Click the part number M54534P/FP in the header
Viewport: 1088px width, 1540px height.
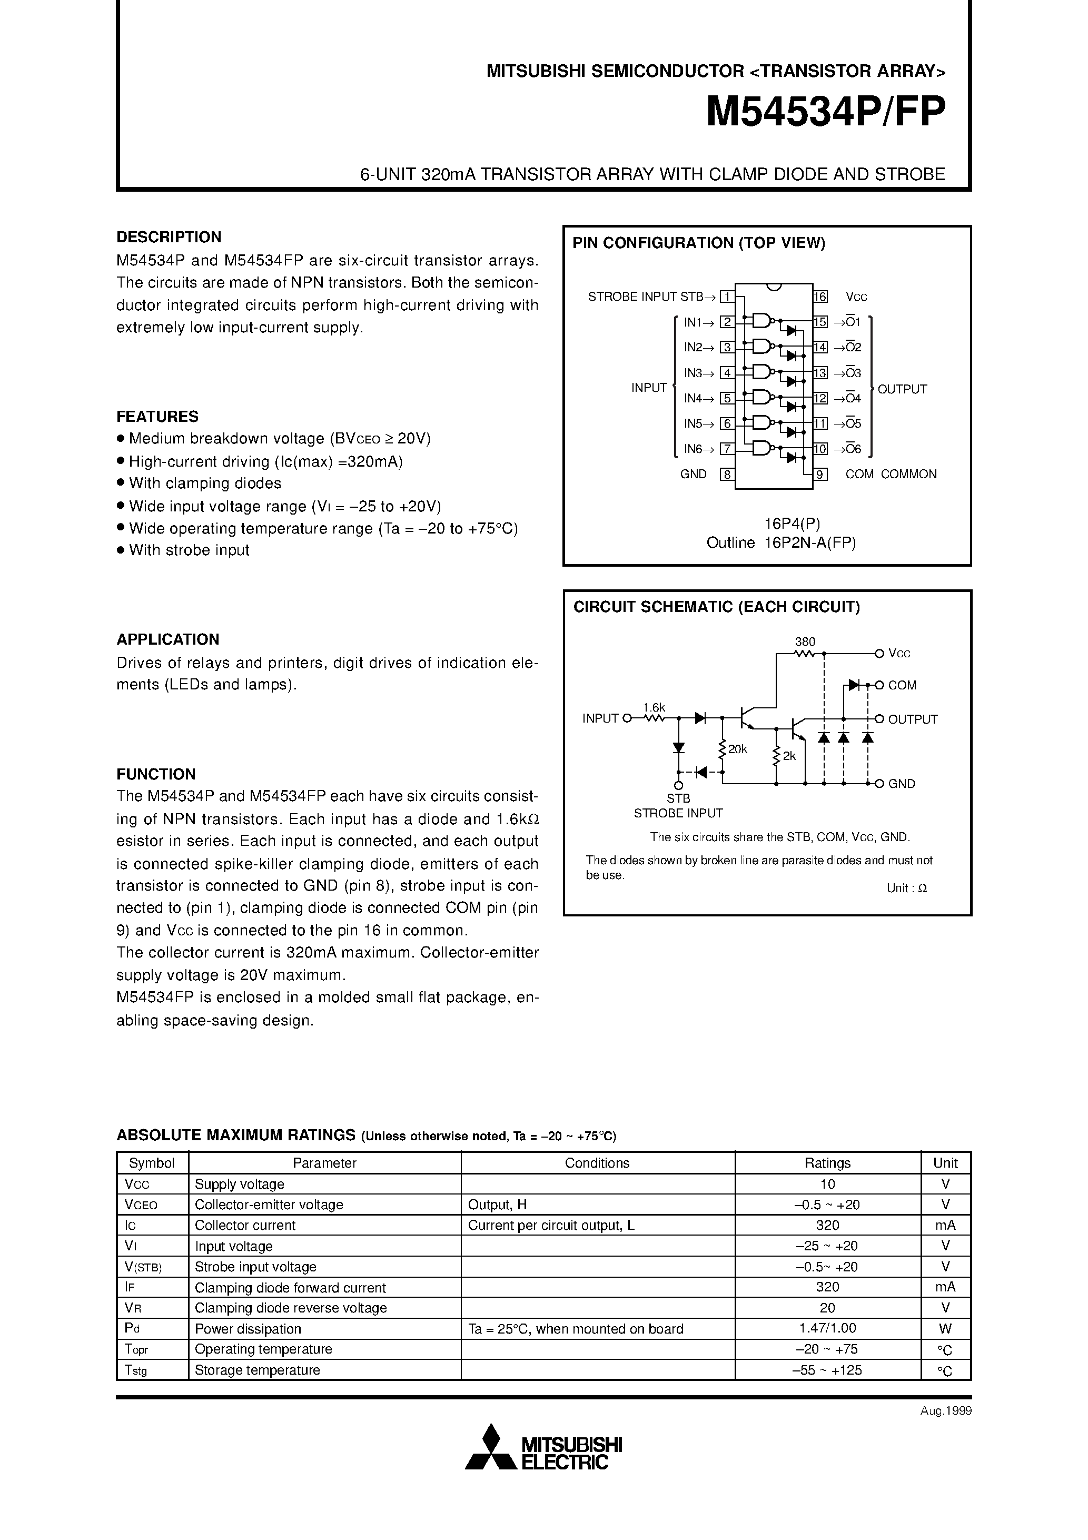pos(826,111)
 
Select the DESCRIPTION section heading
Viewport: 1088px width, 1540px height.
pos(169,237)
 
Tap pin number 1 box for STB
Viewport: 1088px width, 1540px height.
pos(726,297)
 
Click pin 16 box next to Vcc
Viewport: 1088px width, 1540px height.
pos(820,297)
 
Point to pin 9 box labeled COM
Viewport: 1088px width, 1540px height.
pos(820,474)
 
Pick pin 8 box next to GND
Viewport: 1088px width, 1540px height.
pos(726,474)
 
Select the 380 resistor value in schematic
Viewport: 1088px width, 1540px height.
pos(804,642)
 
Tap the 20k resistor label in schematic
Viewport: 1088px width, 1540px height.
pos(738,749)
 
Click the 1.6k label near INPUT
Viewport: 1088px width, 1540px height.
pos(654,707)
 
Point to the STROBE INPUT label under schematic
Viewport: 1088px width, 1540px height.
pos(678,813)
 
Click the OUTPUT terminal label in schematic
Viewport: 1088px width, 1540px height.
pos(912,719)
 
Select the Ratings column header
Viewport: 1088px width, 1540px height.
pos(827,1163)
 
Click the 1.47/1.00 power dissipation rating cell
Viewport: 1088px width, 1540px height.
pos(827,1329)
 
